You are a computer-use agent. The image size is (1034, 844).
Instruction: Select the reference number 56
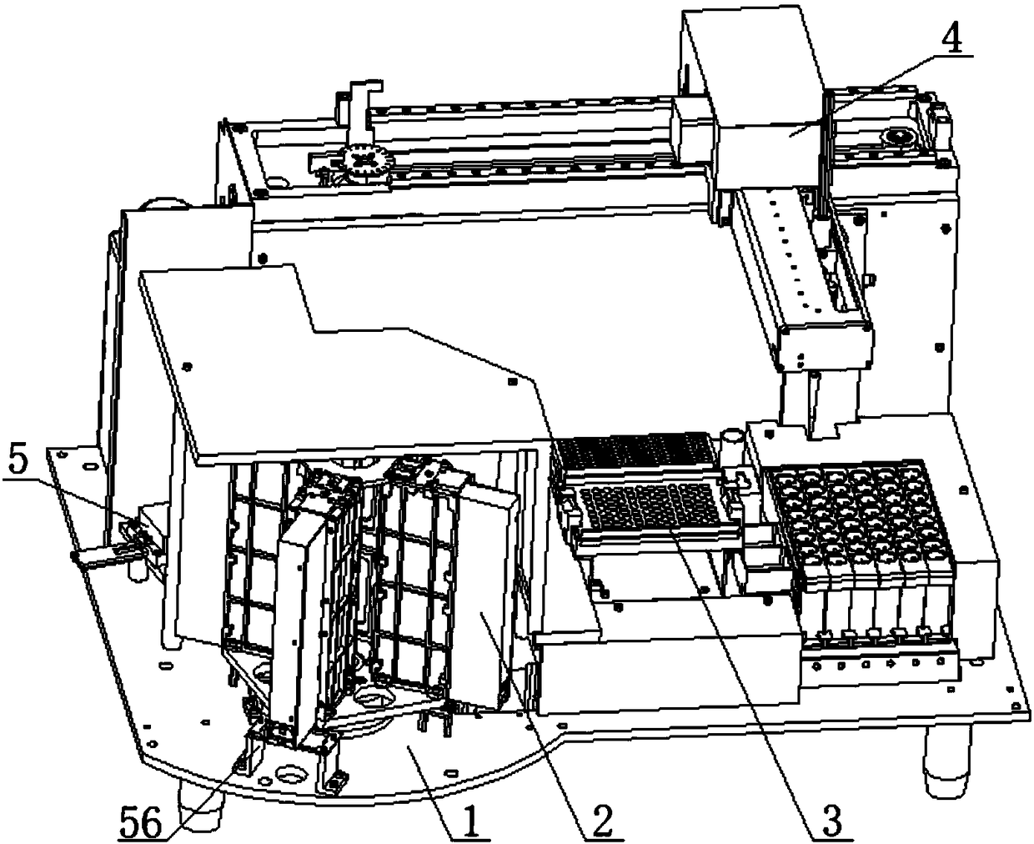tap(141, 822)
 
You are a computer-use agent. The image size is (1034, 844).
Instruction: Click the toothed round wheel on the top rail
tap(364, 161)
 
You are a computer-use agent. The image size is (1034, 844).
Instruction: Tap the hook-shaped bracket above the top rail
tap(361, 107)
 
